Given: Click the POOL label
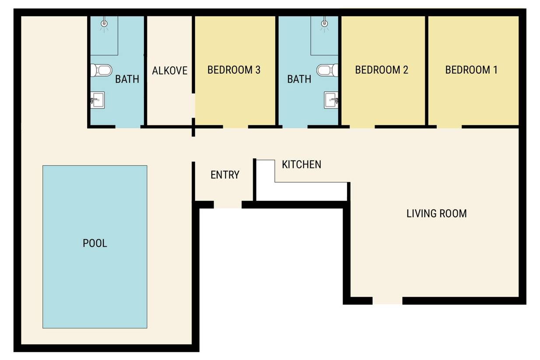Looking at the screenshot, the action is pos(95,243).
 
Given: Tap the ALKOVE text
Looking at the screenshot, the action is pos(170,70).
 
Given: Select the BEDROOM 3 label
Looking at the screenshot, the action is pos(234,70).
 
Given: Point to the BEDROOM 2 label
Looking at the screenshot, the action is pos(382,70).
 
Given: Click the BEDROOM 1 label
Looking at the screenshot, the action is pos(471,70).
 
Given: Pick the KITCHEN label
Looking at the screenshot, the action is pos(302,164).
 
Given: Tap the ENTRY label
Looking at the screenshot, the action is pos(225,175).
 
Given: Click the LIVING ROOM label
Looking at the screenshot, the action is pos(437,213).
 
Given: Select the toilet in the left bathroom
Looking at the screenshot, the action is pos(101,70).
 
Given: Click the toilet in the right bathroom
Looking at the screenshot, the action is pos(327,70).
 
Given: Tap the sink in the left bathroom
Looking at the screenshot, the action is pos(98,100).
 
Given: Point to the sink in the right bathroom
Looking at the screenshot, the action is pos(331,100).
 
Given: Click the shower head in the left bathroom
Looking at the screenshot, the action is pos(104,23).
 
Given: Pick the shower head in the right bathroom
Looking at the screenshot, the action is pos(325,23).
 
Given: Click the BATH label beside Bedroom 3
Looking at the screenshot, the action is pos(299,79).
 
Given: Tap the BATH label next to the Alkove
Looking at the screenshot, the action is pos(127,79).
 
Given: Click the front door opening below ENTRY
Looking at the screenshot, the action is pos(228,205).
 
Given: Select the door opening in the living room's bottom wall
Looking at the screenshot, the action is pos(387,301).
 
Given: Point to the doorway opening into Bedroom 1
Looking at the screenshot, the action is pos(449,127).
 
